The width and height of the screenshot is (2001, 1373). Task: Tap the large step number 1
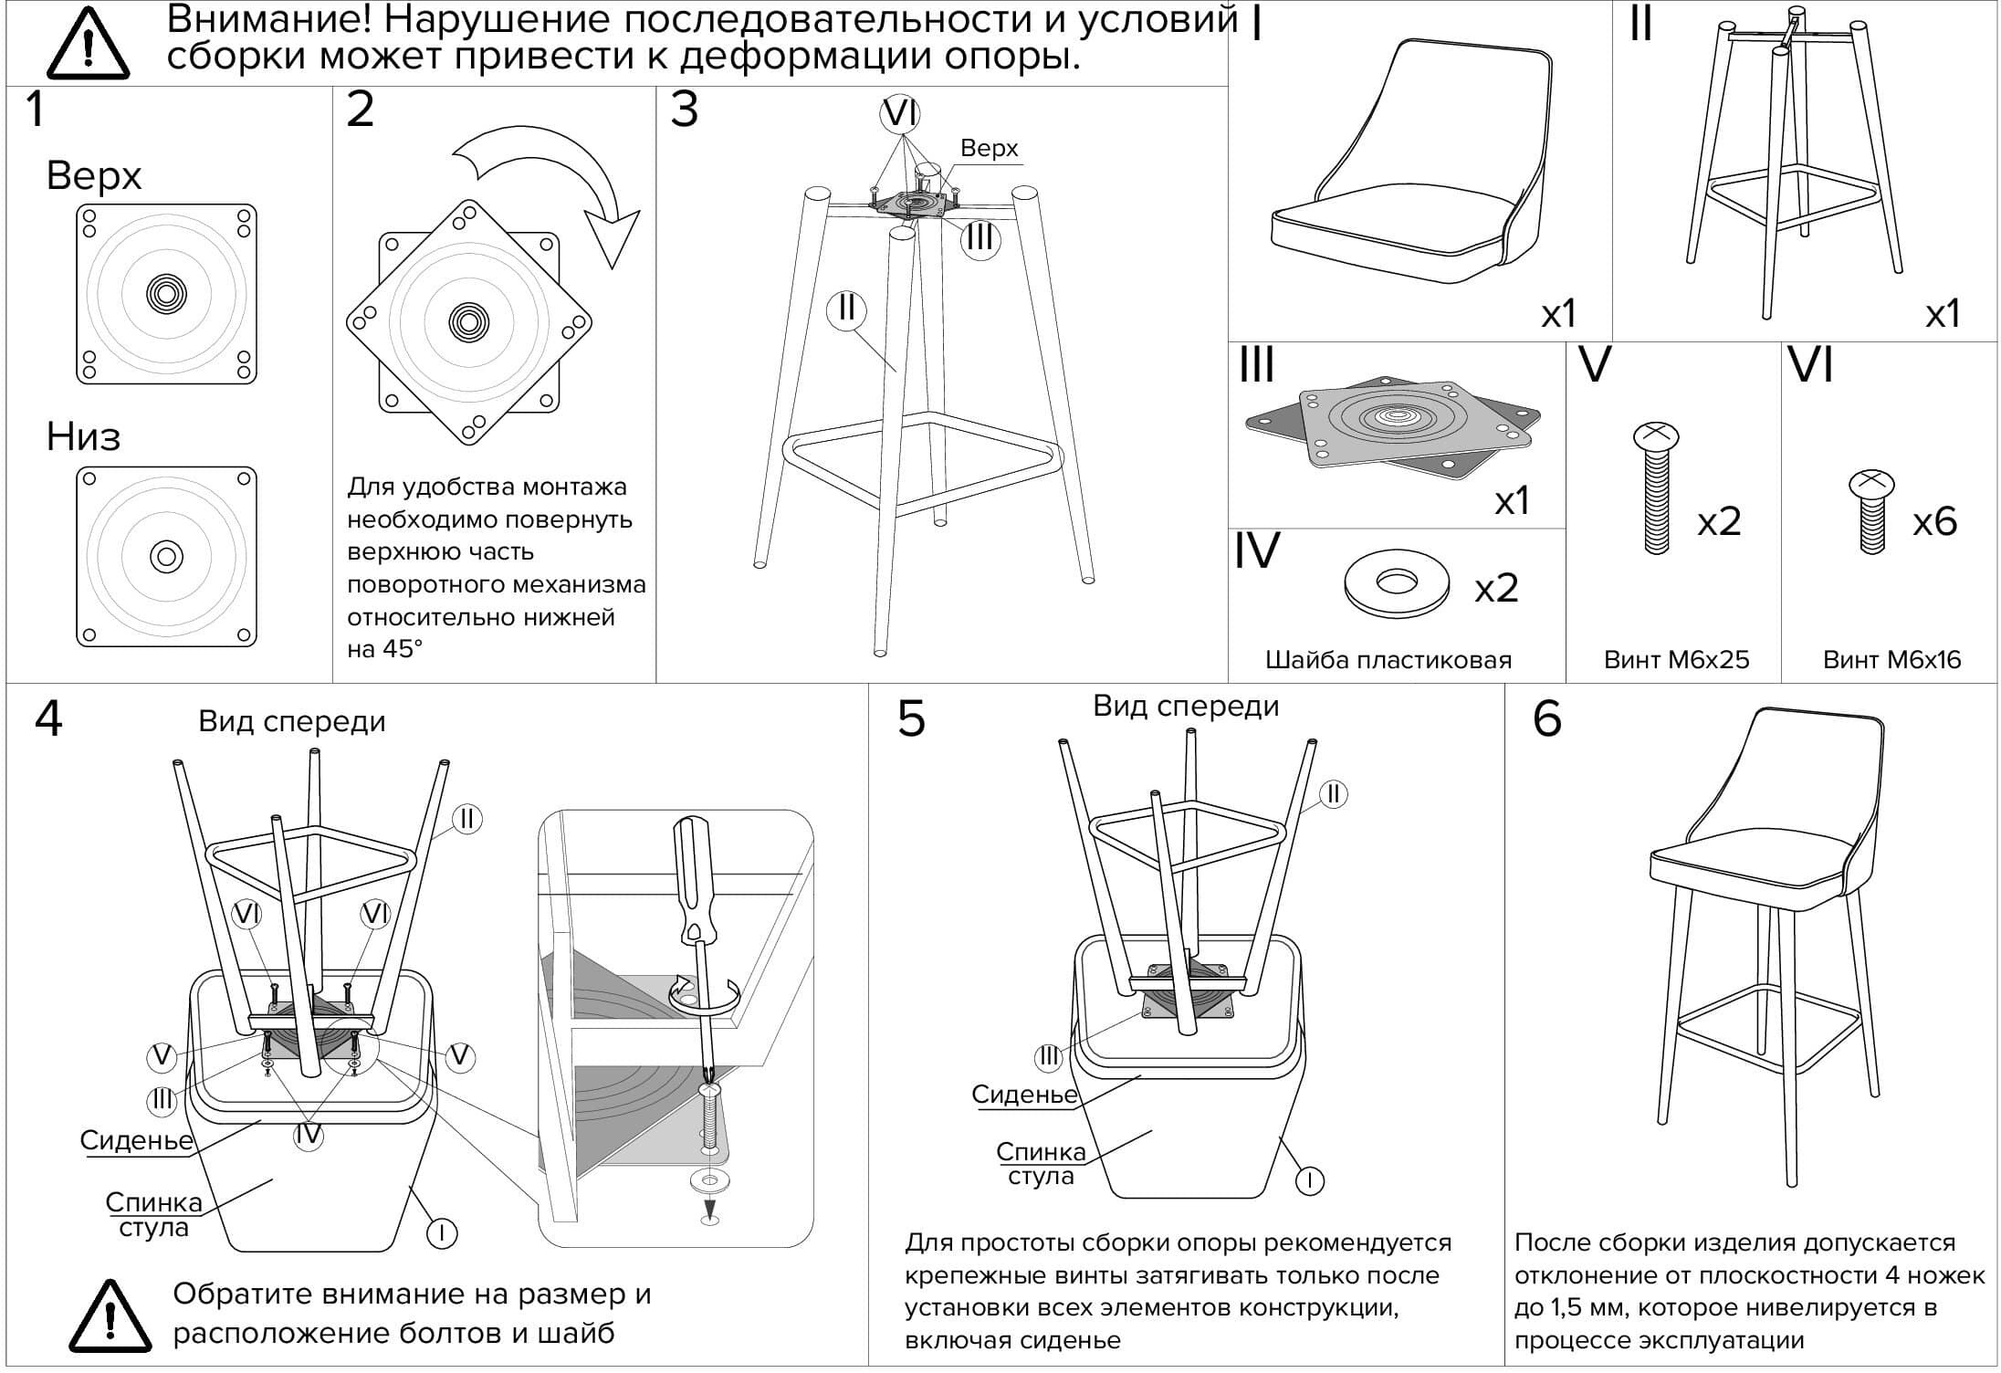tap(35, 110)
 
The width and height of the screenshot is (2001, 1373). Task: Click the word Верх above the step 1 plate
tap(94, 175)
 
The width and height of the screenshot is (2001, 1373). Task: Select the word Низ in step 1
tap(83, 437)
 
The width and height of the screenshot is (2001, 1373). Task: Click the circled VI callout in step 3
tap(900, 114)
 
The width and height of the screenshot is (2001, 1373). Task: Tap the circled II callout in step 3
tap(846, 309)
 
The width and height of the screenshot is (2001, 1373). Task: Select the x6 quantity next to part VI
tap(1934, 522)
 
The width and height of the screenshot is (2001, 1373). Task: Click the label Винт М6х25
tap(1676, 660)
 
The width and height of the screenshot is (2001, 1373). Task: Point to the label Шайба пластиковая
tap(1388, 660)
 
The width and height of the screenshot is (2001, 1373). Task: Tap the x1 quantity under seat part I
tap(1559, 315)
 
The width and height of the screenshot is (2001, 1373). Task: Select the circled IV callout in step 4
tap(309, 1134)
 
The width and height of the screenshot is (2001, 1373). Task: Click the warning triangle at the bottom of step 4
tap(110, 1316)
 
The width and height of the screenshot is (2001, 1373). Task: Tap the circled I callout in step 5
tap(1310, 1180)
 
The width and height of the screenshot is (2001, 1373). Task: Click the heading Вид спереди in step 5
tap(1186, 707)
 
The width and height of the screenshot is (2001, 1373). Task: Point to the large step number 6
tap(1546, 719)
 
